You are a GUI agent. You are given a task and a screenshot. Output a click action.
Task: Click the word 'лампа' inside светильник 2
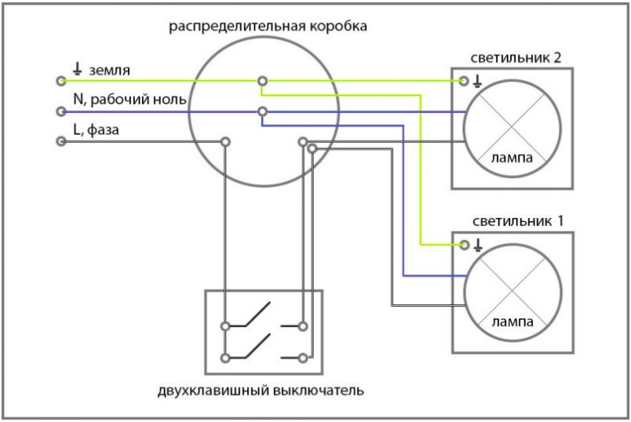(x=512, y=158)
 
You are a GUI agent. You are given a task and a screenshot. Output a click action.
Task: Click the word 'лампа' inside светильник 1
(x=512, y=322)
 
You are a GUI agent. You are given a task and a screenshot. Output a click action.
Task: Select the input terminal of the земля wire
(x=60, y=81)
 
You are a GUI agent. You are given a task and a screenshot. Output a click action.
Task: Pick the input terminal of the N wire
(x=60, y=112)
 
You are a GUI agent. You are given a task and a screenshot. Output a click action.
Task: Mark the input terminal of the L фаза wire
(x=60, y=142)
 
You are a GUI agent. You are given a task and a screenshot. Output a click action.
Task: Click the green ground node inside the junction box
(x=262, y=81)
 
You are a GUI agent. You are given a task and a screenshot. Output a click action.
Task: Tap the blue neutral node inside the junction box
(x=262, y=112)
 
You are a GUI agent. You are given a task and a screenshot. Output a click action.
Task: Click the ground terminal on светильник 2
(x=465, y=81)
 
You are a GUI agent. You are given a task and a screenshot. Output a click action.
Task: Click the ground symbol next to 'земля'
(x=77, y=70)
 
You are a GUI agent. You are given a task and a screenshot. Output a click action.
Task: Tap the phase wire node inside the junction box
(x=225, y=142)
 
